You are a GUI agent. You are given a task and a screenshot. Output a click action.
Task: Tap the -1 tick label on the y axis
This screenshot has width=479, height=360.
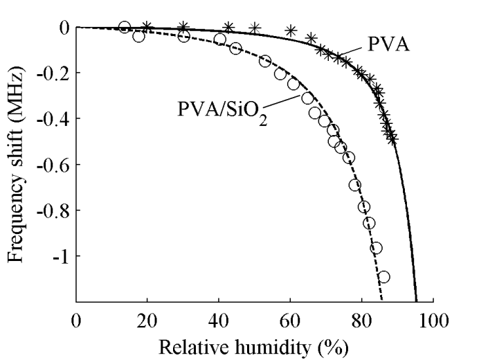coord(58,255)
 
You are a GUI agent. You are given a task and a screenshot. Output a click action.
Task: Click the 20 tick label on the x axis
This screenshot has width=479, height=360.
coord(147,321)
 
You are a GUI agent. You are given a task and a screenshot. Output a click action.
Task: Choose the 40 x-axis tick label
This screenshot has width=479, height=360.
coord(219,321)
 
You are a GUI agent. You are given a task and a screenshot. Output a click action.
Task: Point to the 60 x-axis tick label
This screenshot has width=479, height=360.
coord(290,321)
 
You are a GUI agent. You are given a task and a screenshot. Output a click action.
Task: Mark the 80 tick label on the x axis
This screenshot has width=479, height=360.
coord(361,321)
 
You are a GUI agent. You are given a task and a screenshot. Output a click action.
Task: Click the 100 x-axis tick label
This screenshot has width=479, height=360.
coord(433,321)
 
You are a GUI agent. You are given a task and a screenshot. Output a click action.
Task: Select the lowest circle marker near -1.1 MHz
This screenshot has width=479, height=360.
coord(383,277)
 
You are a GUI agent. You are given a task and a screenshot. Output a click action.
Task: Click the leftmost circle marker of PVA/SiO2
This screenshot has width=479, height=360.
coord(125,27)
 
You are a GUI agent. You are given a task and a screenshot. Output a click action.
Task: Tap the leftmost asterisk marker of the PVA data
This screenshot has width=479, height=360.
coord(147,27)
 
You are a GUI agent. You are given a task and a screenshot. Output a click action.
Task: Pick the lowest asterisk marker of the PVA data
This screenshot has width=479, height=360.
coord(392,138)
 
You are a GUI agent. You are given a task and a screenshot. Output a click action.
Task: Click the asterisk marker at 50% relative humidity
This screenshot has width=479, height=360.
coord(255,28)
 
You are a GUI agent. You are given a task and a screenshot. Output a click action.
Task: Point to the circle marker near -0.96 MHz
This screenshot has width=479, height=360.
coord(377,248)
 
